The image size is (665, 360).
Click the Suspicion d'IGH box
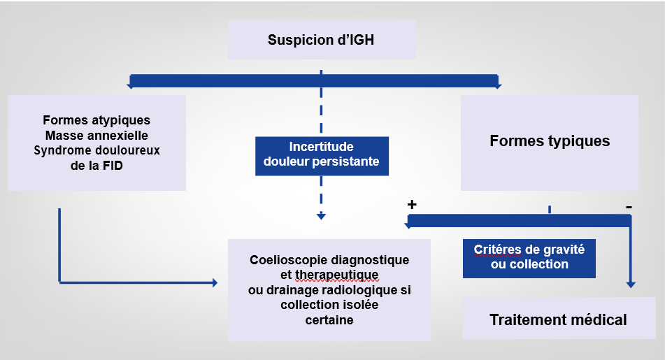[322, 40]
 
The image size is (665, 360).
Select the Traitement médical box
[558, 320]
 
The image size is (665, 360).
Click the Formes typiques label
[550, 141]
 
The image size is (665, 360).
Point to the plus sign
[412, 204]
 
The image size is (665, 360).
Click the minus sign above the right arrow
[629, 207]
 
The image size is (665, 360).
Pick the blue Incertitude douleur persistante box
[321, 154]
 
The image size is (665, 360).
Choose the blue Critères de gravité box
[529, 257]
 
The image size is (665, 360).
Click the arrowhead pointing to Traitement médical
[631, 285]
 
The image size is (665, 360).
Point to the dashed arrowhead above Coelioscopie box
[321, 217]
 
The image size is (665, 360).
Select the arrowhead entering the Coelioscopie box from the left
[214, 282]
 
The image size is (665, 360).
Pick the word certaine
[329, 320]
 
